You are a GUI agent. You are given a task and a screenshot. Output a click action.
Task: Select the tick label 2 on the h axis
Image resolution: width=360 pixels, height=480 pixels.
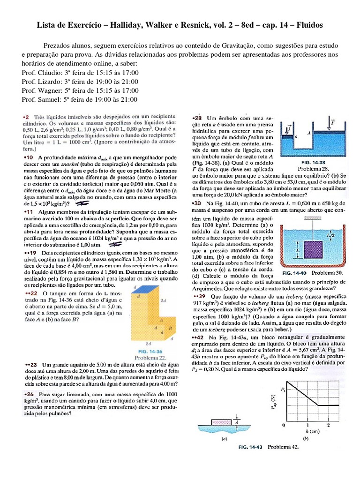click(x=328, y=425)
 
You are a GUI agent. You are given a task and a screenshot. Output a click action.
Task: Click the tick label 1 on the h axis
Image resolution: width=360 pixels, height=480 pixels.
click(x=306, y=425)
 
